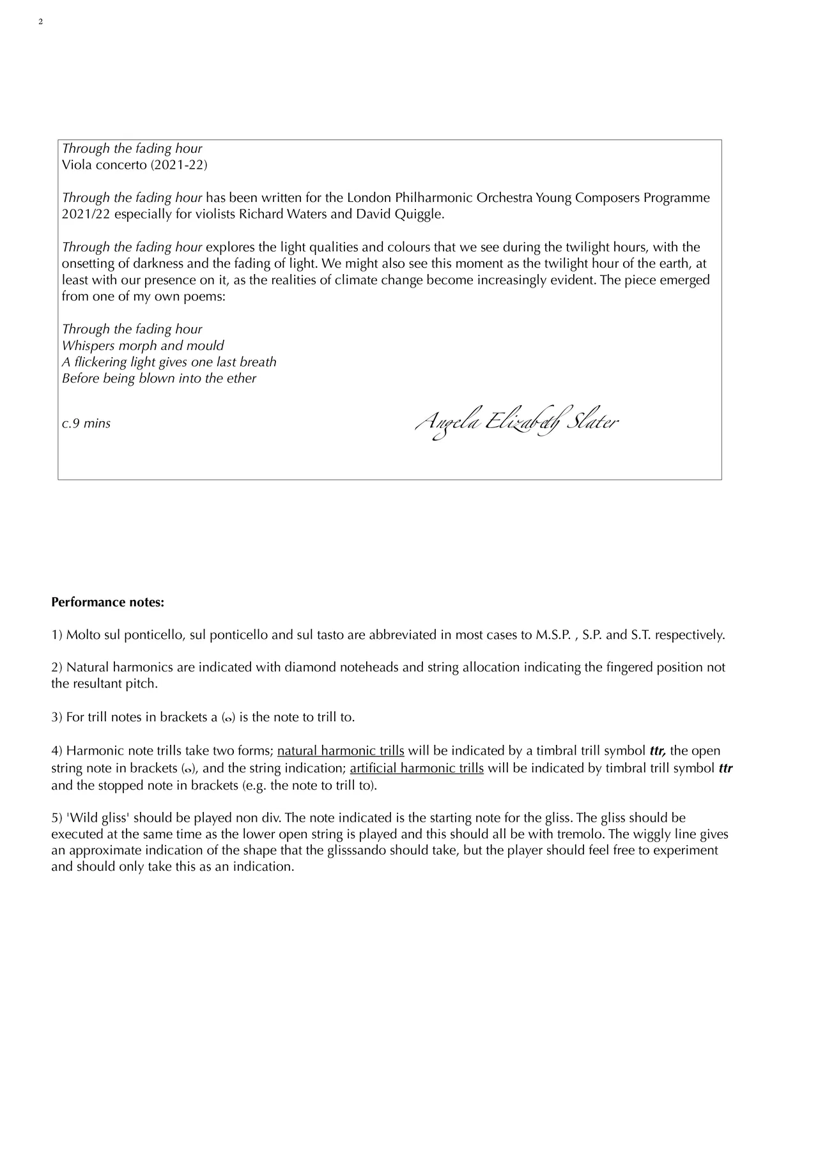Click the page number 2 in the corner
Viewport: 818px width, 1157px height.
(41, 22)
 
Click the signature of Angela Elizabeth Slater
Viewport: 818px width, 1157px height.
(516, 423)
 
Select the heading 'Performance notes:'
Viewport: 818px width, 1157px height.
(107, 602)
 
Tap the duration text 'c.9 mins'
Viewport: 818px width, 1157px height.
(86, 424)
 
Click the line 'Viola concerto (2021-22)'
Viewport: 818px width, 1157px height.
(134, 165)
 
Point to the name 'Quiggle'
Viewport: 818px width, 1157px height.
(419, 214)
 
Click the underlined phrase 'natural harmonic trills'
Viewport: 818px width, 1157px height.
(341, 751)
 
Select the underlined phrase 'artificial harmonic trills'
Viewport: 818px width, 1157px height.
(417, 768)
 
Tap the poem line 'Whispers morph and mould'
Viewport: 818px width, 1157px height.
(143, 346)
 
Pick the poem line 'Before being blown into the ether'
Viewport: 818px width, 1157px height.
(159, 378)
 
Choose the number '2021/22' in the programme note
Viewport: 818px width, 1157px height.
(86, 214)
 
